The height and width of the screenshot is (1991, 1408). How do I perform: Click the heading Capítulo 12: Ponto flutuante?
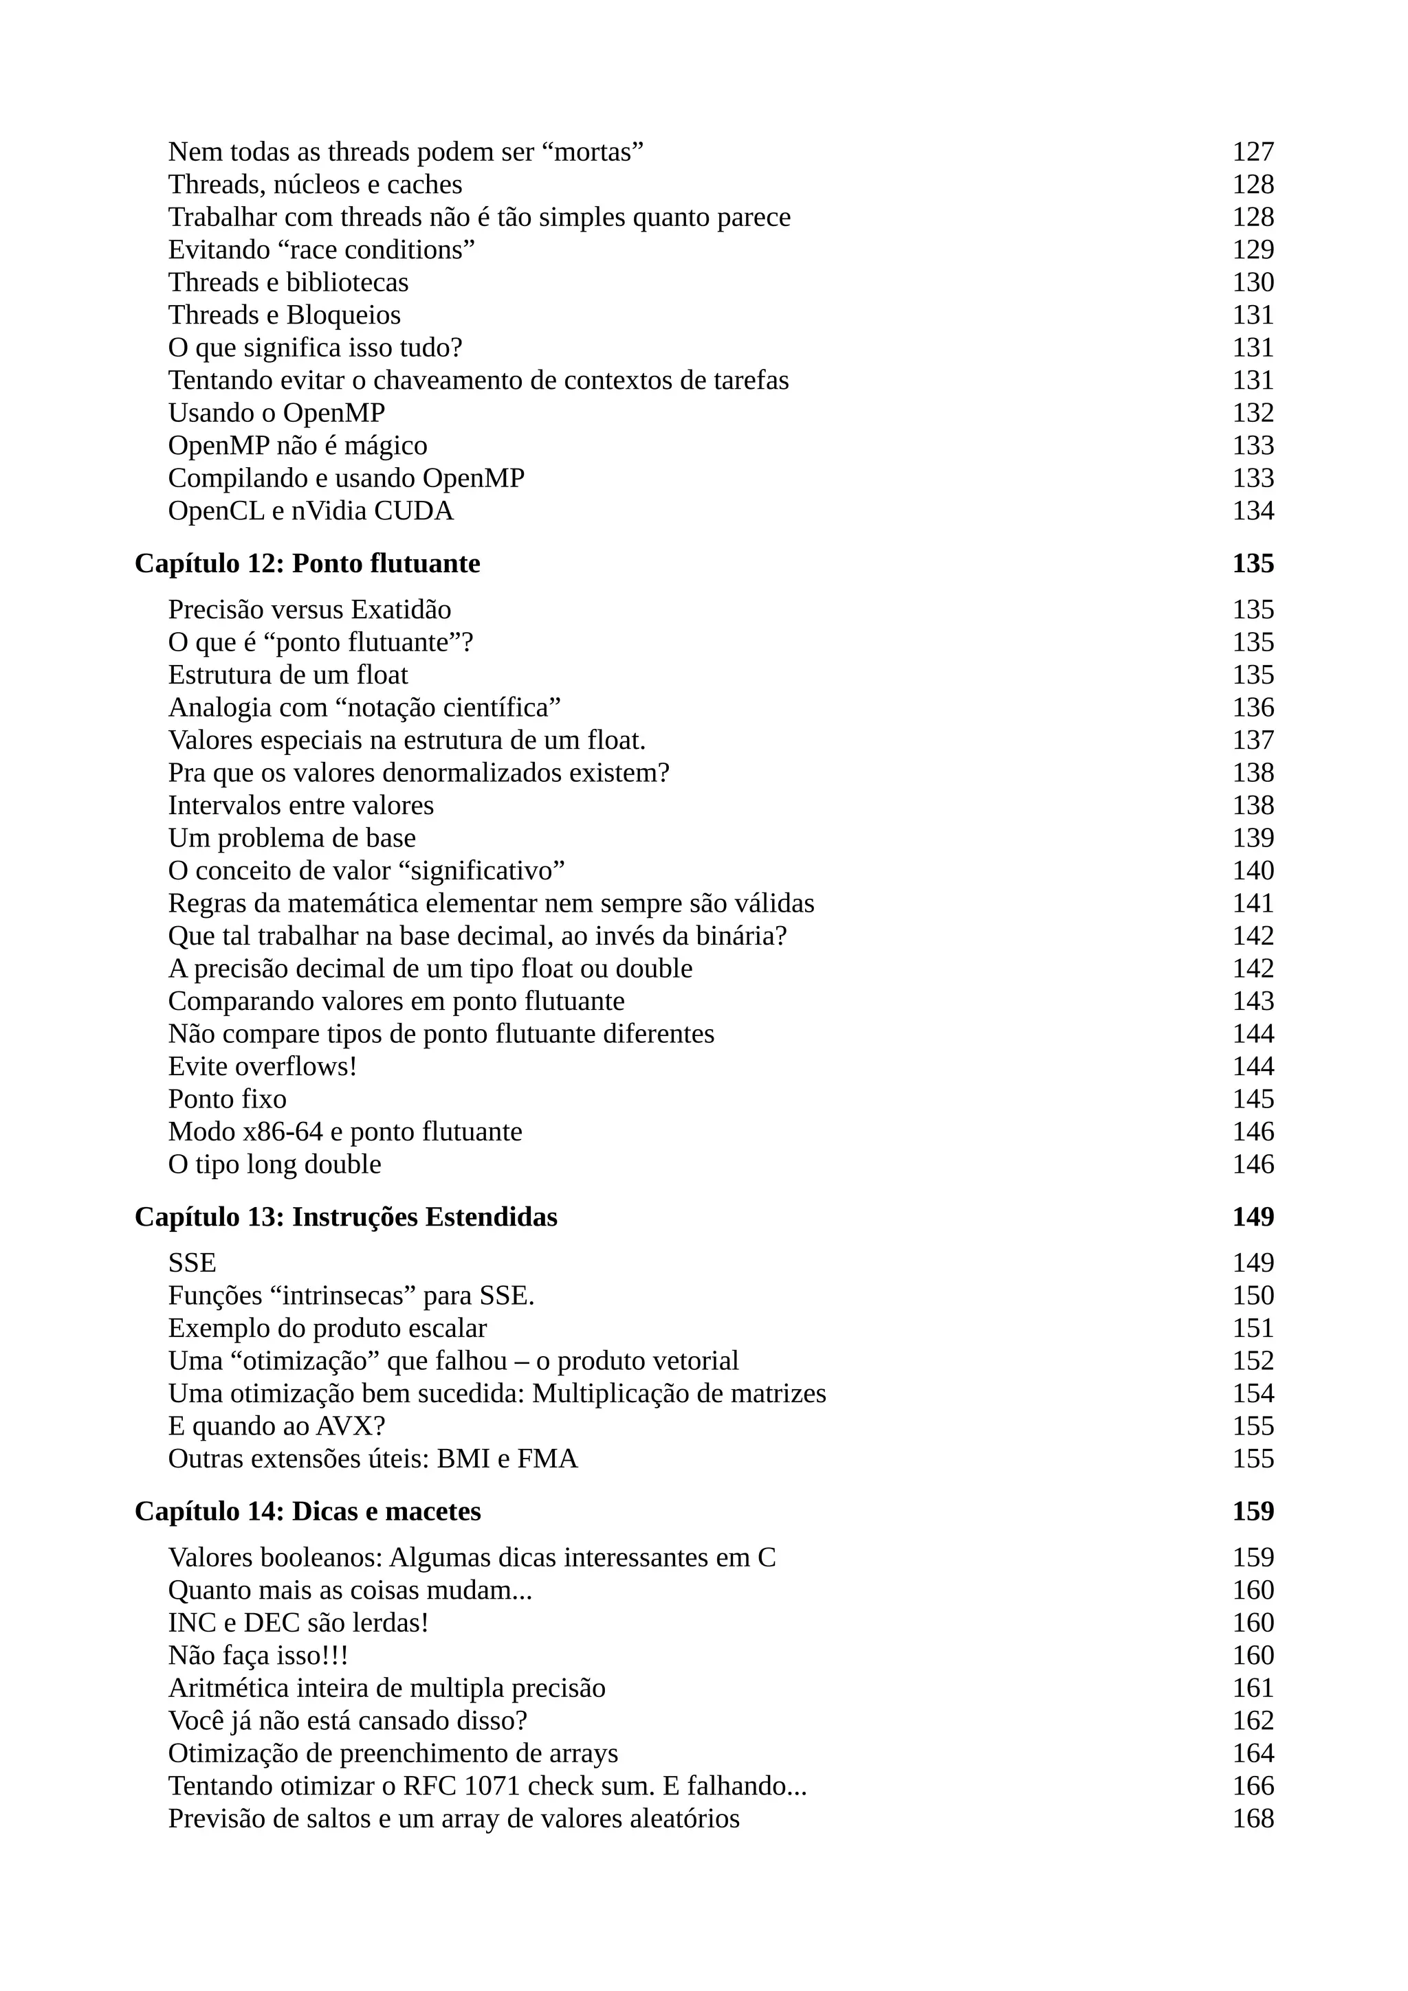tap(307, 563)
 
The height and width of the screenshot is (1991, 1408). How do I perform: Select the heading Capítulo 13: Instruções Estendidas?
tap(345, 1217)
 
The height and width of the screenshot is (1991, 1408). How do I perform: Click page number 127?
tap(1253, 152)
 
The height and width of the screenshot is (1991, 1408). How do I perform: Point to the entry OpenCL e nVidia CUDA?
tap(311, 510)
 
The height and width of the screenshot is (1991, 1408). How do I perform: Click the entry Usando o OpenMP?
tap(276, 413)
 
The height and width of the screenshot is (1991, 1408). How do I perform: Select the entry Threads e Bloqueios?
tap(284, 315)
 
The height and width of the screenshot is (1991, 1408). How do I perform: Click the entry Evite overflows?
tap(262, 1066)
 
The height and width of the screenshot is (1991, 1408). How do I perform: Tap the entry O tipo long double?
tap(274, 1164)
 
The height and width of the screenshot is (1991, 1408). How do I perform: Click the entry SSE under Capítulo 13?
tap(192, 1263)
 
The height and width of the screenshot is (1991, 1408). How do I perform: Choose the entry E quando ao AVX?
tap(276, 1426)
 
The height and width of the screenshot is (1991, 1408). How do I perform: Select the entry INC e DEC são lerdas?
tap(298, 1623)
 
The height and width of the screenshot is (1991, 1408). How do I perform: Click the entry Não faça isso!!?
tap(258, 1656)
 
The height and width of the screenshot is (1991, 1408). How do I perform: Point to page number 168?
tap(1253, 1819)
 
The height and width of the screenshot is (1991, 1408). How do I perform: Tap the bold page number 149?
tap(1253, 1217)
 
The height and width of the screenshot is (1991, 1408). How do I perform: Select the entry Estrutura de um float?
tap(287, 675)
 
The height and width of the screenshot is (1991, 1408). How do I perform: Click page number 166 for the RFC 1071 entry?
tap(1253, 1786)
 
